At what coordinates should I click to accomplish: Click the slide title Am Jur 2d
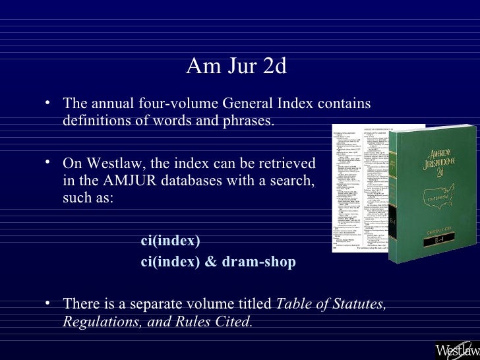click(236, 67)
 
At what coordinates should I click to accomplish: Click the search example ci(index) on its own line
click(170, 241)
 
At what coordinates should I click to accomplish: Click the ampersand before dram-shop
click(210, 262)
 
